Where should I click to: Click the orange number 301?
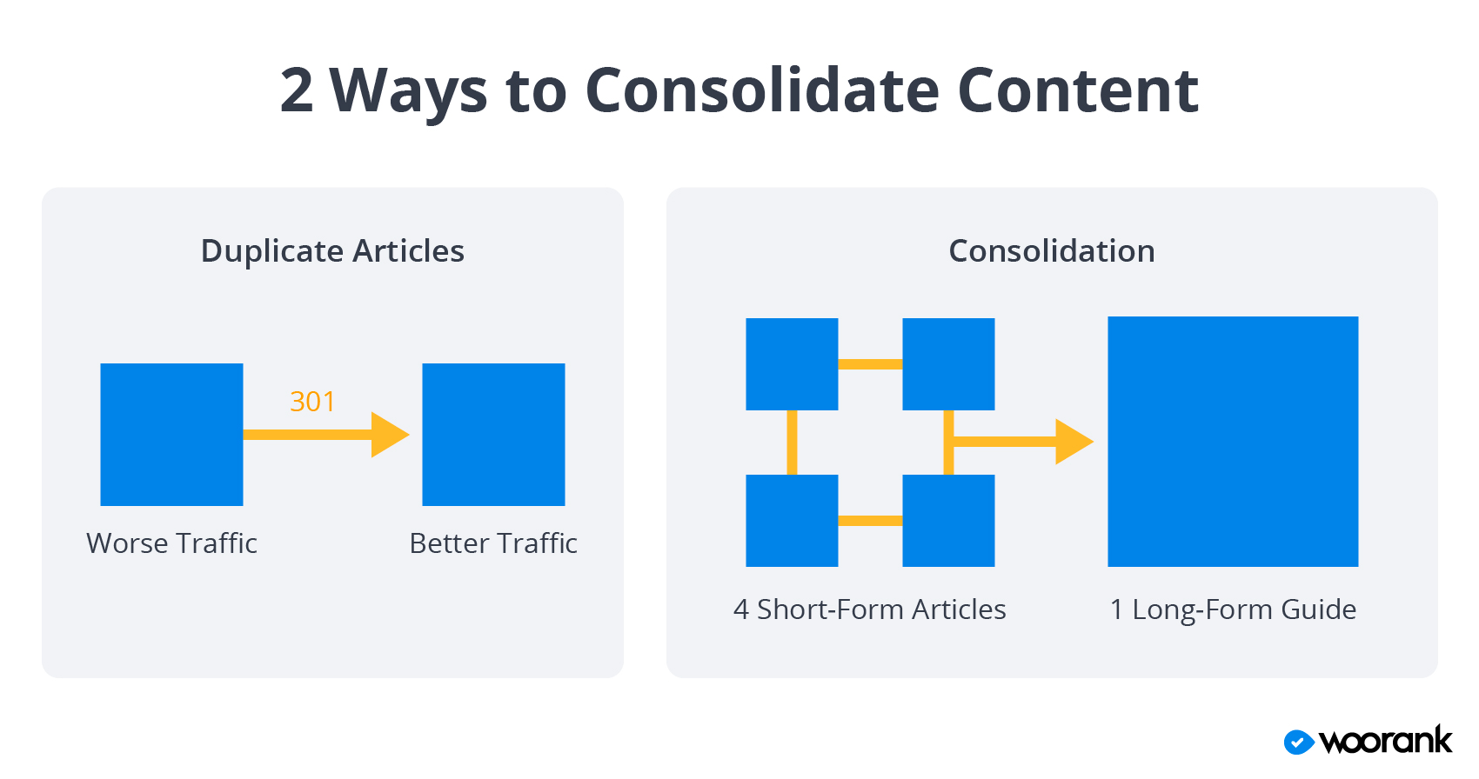(312, 402)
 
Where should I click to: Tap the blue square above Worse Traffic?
(171, 435)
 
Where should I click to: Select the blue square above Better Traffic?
(493, 435)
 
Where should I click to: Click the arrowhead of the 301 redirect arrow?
(390, 435)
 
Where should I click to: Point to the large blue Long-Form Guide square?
(1233, 442)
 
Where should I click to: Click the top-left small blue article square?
(792, 364)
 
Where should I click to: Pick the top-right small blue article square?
(948, 364)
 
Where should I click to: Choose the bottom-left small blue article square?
(792, 521)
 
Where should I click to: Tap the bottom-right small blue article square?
(948, 521)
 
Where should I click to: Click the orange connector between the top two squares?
(870, 364)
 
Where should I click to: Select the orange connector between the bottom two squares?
(870, 521)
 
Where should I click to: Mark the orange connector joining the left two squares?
(792, 443)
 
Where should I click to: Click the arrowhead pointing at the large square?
(1074, 442)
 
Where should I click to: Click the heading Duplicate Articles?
(332, 251)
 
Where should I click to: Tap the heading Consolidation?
(1052, 251)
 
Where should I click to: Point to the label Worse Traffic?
(172, 543)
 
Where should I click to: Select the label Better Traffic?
(493, 543)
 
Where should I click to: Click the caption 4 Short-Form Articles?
(869, 609)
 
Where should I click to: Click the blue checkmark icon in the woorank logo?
(1299, 742)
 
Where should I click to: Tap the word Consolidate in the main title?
(762, 90)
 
